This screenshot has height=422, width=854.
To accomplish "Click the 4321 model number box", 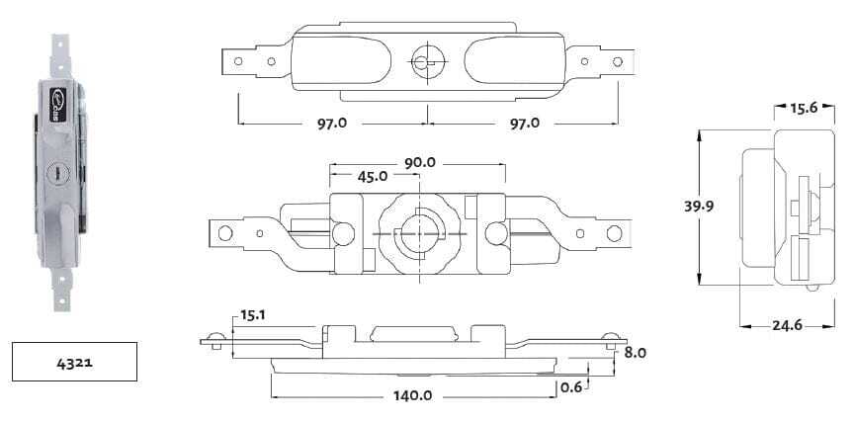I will pyautogui.click(x=73, y=362).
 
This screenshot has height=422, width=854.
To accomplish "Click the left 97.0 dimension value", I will pyautogui.click(x=332, y=124).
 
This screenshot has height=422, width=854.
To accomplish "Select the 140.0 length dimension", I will pyautogui.click(x=412, y=395).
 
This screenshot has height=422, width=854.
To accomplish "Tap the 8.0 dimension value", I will pyautogui.click(x=634, y=353).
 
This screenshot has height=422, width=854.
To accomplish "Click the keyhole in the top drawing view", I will pyautogui.click(x=425, y=62).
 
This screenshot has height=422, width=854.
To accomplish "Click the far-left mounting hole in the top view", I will pyautogui.click(x=237, y=61).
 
